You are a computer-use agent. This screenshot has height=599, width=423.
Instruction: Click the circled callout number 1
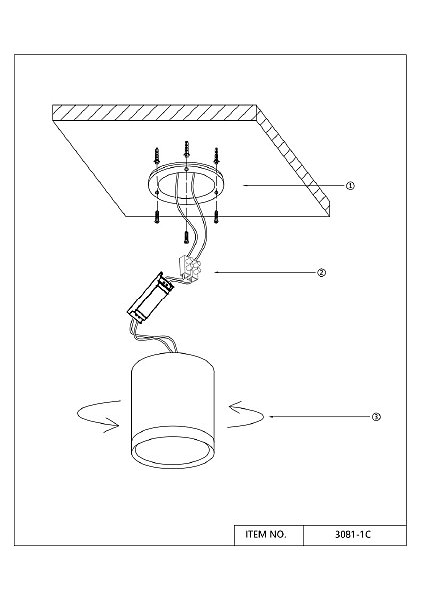350,186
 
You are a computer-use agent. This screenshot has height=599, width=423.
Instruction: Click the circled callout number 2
321,272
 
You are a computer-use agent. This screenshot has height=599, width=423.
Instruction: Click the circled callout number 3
376,417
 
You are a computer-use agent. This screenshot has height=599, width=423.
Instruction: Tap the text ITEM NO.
266,534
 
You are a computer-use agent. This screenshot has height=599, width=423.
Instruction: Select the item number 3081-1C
353,534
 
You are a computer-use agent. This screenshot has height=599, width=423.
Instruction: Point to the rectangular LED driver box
150,298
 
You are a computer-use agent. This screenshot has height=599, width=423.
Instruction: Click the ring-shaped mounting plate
186,184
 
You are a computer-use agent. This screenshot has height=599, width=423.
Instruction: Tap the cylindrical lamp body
173,410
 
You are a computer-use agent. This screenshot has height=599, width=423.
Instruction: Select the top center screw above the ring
186,150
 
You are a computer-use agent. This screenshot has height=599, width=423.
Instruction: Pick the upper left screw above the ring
157,156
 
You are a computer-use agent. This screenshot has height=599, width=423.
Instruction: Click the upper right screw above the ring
216,156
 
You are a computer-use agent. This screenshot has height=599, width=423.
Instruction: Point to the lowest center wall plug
186,236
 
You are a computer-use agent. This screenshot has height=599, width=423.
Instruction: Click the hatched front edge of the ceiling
154,112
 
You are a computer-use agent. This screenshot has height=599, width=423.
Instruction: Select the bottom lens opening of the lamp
173,451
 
